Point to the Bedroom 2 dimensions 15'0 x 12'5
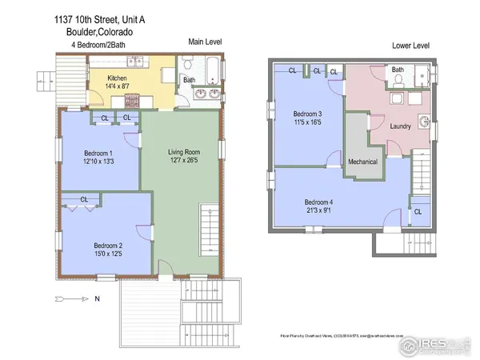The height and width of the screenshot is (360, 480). click(x=108, y=254)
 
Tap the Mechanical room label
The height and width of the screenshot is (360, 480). click(x=362, y=161)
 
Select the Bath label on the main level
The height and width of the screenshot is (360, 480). click(x=190, y=79)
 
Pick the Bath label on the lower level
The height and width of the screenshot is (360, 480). click(x=398, y=70)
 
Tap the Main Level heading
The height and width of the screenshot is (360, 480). click(x=205, y=41)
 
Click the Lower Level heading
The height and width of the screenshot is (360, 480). click(x=410, y=46)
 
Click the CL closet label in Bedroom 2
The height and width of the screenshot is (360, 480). click(x=84, y=199)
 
